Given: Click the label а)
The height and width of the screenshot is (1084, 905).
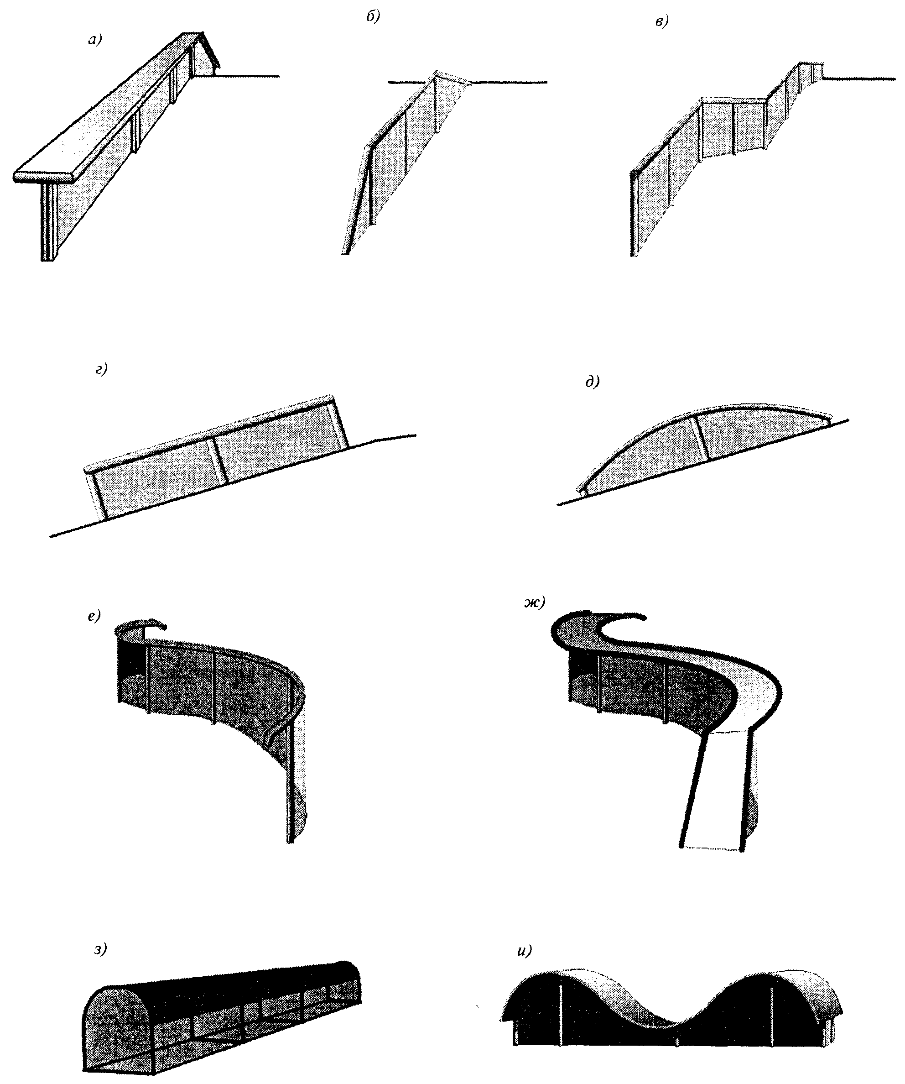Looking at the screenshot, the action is tap(95, 40).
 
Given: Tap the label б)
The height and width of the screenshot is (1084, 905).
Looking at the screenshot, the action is tap(373, 16).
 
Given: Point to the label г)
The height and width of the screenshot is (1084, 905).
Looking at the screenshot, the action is tap(101, 370).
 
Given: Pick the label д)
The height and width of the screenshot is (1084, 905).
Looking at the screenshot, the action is tap(593, 382).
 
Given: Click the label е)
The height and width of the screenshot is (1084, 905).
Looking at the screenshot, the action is tap(94, 616).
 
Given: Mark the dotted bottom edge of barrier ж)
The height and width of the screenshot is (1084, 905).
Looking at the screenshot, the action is tap(713, 848).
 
